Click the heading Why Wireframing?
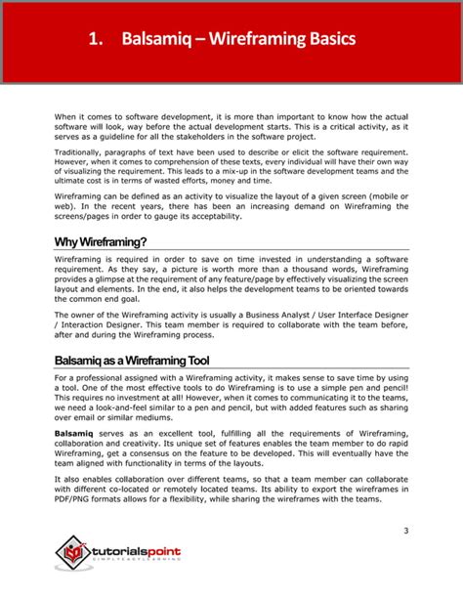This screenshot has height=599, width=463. point(101,242)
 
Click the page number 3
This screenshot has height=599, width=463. point(405,530)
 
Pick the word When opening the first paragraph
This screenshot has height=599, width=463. point(65,114)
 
